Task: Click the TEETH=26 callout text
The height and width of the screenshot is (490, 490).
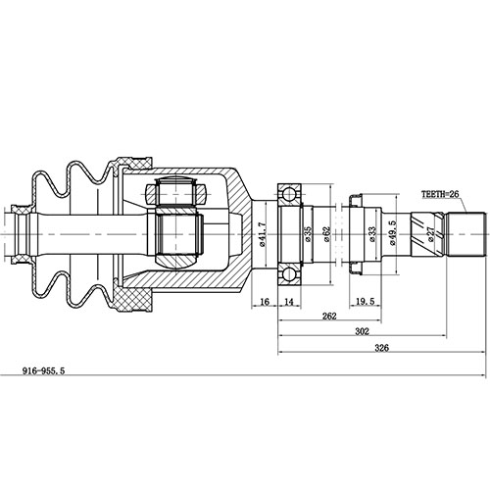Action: pyautogui.click(x=440, y=195)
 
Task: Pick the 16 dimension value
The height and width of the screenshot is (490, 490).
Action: pyautogui.click(x=266, y=301)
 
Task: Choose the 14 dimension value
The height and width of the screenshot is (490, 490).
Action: pyautogui.click(x=290, y=301)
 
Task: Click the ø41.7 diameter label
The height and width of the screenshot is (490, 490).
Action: pyautogui.click(x=263, y=236)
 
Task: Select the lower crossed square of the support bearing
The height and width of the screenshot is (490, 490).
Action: pyautogui.click(x=291, y=272)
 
